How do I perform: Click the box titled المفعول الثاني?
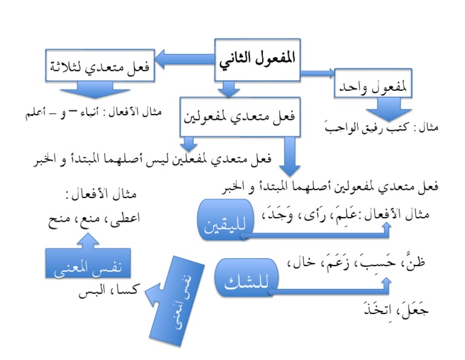pos(259,60)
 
